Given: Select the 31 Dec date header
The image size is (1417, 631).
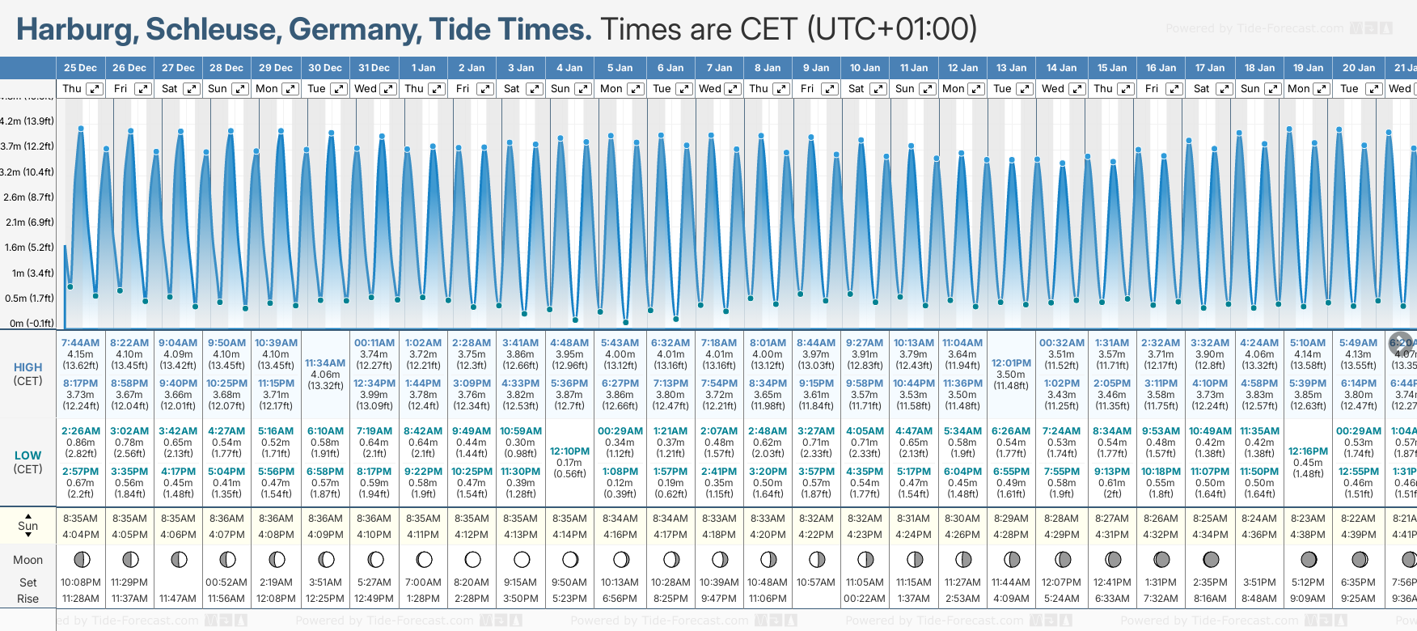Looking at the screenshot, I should (374, 68).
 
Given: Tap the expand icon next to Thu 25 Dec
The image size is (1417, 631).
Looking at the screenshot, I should (95, 89).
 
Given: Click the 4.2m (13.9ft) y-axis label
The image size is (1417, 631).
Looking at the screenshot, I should (27, 121).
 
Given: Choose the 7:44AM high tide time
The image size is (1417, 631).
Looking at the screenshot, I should (80, 343).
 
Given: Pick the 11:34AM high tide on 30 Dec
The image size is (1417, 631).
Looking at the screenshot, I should (325, 363).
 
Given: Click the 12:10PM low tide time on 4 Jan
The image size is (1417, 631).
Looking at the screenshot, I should (569, 451).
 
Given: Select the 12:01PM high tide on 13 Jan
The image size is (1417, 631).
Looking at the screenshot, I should (1011, 363).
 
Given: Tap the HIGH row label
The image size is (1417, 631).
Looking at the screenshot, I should (27, 367).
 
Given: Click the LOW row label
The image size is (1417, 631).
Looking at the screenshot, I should (27, 455).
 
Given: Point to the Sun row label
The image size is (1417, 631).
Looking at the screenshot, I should (27, 526).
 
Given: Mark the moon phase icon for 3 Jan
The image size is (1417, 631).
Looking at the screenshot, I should (522, 559).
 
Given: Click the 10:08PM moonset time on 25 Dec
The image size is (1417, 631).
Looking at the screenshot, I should (80, 582).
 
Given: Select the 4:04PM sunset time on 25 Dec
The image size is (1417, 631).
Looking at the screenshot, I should (80, 535).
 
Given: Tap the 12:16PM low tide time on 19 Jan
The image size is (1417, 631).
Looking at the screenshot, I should (1308, 451).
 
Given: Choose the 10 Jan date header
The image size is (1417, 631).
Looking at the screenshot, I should (865, 68).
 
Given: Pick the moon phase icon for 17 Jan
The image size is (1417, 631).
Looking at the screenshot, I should (1211, 559).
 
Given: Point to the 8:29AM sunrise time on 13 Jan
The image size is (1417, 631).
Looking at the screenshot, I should (1011, 519).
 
